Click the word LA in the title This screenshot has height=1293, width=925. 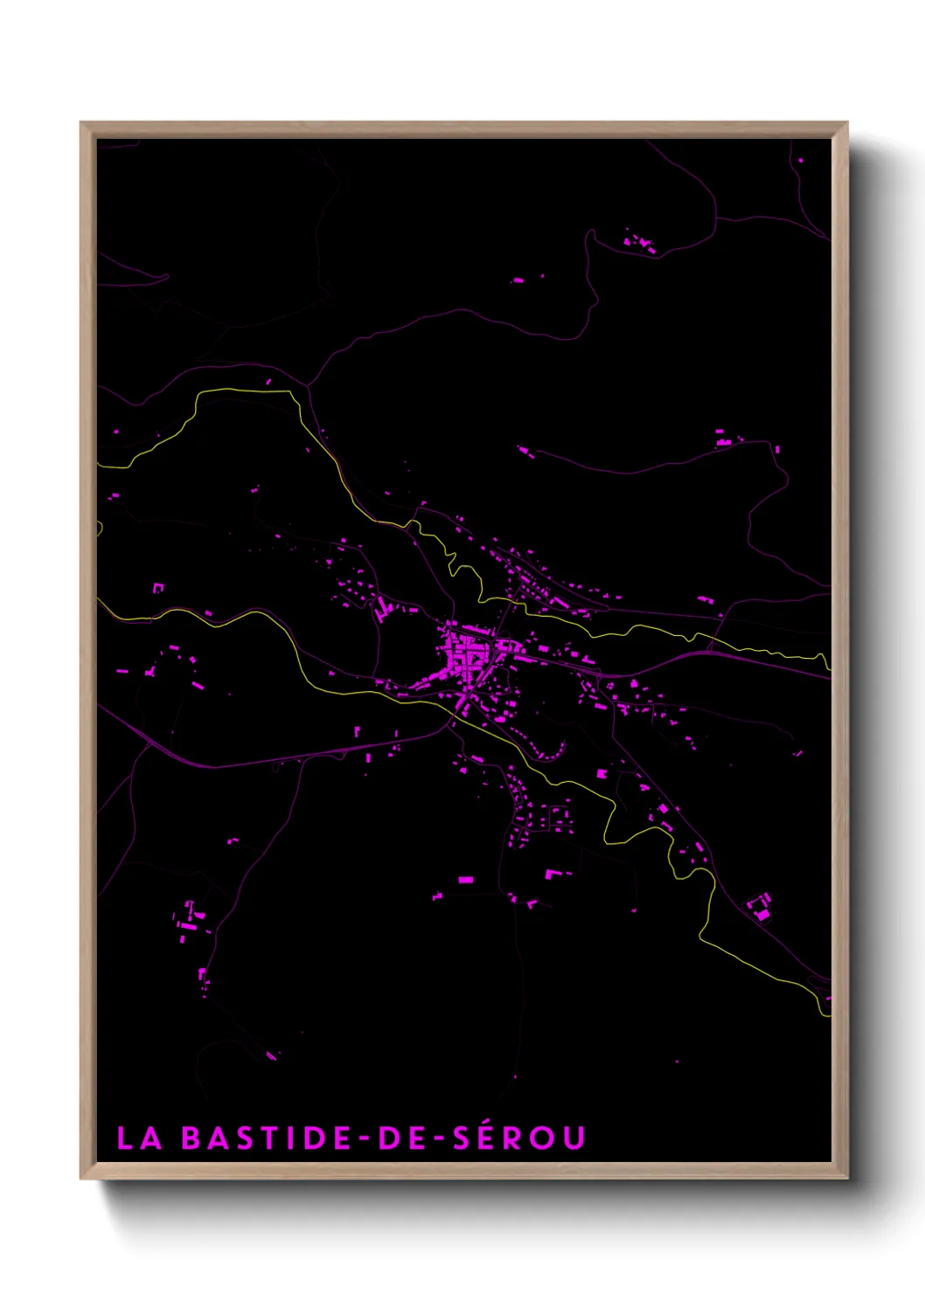140,1137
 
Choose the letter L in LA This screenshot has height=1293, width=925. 125,1137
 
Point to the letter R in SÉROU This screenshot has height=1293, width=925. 517,1137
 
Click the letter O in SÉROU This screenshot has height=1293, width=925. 546,1137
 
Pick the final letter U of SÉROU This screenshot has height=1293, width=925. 574,1137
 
